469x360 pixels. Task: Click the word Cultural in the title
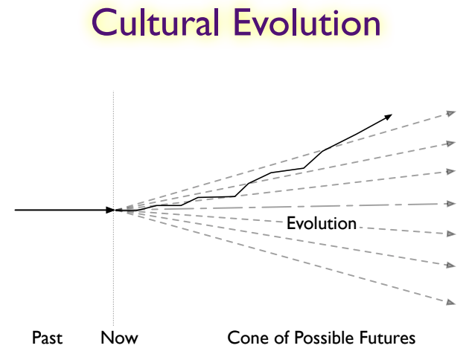156,22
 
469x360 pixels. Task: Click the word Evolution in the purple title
307,22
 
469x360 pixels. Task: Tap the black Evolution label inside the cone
322,223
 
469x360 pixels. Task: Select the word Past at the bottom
47,338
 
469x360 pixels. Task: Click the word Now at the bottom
119,338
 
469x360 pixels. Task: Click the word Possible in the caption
325,338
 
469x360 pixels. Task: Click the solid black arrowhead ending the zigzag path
388,117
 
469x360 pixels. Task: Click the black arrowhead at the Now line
110,210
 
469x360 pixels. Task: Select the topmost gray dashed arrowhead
450,114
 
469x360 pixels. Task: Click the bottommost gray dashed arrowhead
450,302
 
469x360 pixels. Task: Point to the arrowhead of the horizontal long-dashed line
451,204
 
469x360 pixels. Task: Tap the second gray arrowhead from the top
450,144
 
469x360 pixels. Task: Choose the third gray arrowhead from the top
450,172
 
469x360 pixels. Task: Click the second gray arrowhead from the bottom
450,265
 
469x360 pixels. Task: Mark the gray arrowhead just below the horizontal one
450,234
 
